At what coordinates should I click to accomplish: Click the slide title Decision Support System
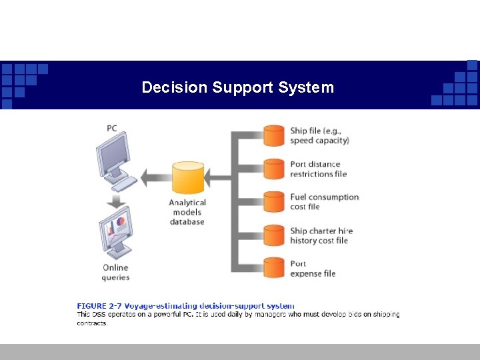(238, 87)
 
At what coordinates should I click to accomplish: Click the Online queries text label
(115, 272)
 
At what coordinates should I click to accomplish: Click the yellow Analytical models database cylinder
(188, 177)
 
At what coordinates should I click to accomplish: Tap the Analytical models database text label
(187, 212)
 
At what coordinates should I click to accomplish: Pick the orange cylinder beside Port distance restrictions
(274, 169)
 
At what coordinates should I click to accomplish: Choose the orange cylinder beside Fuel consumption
(274, 201)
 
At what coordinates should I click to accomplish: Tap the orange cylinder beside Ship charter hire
(274, 235)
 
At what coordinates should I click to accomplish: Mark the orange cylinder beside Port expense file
(274, 268)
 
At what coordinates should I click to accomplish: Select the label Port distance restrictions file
(319, 169)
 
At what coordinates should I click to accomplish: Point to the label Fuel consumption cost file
(324, 201)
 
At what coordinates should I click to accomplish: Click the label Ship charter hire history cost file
(321, 235)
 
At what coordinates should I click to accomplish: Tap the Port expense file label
(313, 268)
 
